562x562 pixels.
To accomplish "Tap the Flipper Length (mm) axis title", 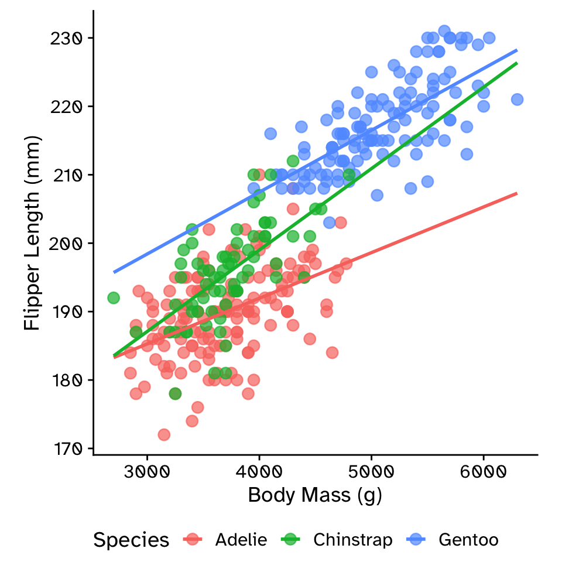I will (x=33, y=232).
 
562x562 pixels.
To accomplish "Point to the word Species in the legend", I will (x=131, y=539).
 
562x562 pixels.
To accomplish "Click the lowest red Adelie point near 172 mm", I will (x=164, y=434).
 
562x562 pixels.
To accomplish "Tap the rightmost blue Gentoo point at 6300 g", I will (x=517, y=100).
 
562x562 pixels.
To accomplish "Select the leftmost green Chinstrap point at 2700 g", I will (x=114, y=298).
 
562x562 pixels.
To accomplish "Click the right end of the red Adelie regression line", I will (x=517, y=193).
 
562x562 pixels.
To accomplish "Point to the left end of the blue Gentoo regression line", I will (x=114, y=272).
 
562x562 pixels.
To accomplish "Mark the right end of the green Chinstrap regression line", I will (x=517, y=63).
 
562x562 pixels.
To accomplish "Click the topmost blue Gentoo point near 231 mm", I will (x=444, y=31).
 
